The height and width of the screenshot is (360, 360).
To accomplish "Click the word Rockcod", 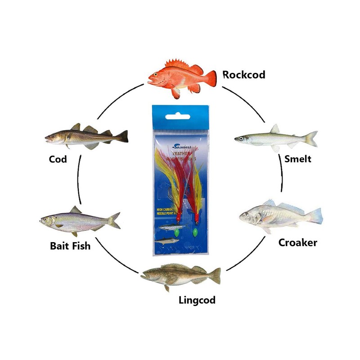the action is (x=243, y=74).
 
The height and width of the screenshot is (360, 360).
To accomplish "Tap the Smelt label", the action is (x=297, y=159).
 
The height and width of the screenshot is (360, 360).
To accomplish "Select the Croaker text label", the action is (x=297, y=243).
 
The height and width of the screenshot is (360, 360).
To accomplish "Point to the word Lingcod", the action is (x=197, y=300).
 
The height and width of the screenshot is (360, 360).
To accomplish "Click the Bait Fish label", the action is (x=70, y=246).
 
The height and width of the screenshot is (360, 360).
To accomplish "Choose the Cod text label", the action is (x=58, y=159).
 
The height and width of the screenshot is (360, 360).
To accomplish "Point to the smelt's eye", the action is (x=242, y=138).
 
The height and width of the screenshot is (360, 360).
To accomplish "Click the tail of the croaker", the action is (x=316, y=215).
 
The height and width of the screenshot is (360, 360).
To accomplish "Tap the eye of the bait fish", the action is (x=45, y=220).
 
